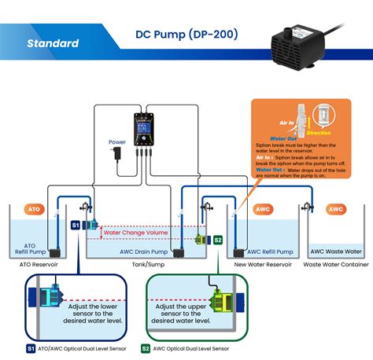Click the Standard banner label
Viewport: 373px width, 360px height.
point(53,42)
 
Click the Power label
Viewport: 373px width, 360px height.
point(116,142)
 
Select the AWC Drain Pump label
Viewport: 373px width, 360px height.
point(140,252)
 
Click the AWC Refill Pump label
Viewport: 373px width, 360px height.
point(268,252)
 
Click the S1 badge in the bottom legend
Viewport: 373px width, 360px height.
point(29,347)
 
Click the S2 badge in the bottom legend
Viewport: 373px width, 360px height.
point(146,347)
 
